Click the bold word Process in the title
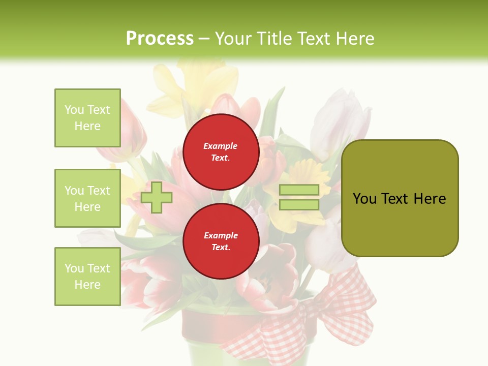160,39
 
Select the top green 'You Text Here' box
87,118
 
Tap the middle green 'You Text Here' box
87,198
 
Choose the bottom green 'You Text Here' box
87,277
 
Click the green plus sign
156,197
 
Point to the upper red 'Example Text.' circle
221,151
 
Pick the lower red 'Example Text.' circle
221,241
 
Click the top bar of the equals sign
299,190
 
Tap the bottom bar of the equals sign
299,204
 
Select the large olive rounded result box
400,198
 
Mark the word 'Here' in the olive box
430,199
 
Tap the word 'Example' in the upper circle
221,146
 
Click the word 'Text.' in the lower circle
221,248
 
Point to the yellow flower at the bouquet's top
203,81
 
